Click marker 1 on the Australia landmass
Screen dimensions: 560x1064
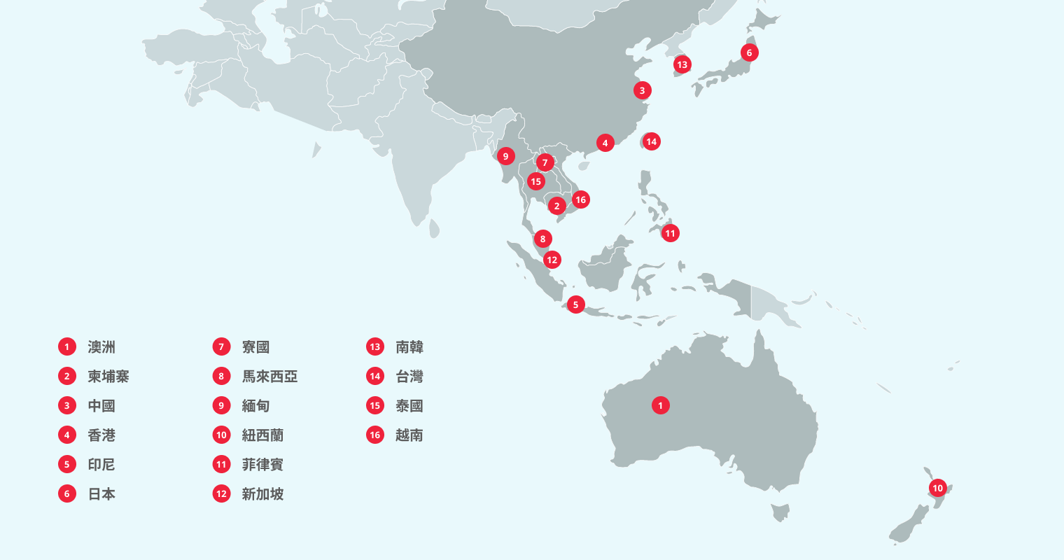point(660,405)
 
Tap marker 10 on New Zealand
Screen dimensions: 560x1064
point(937,488)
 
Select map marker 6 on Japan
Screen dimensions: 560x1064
point(749,52)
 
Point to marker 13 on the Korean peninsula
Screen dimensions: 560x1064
point(682,65)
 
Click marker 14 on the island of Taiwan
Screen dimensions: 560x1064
point(651,141)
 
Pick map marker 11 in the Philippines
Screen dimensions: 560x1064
point(670,233)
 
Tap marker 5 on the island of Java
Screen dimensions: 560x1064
point(575,304)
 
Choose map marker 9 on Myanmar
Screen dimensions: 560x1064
point(505,156)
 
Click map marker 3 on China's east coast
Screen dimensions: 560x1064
point(642,90)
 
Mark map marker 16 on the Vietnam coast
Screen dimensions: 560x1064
point(580,199)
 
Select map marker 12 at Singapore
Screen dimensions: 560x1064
point(552,260)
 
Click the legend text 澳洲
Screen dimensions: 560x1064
point(101,347)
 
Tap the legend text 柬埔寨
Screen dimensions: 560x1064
point(108,377)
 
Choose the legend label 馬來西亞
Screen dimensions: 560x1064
point(269,377)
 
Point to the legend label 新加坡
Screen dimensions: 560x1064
point(262,494)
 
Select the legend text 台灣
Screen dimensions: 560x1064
point(409,377)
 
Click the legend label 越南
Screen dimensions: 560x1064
point(409,435)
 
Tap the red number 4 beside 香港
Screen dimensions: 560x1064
point(67,435)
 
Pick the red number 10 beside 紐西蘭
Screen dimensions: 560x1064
point(221,435)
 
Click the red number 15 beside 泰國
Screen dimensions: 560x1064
point(375,406)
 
